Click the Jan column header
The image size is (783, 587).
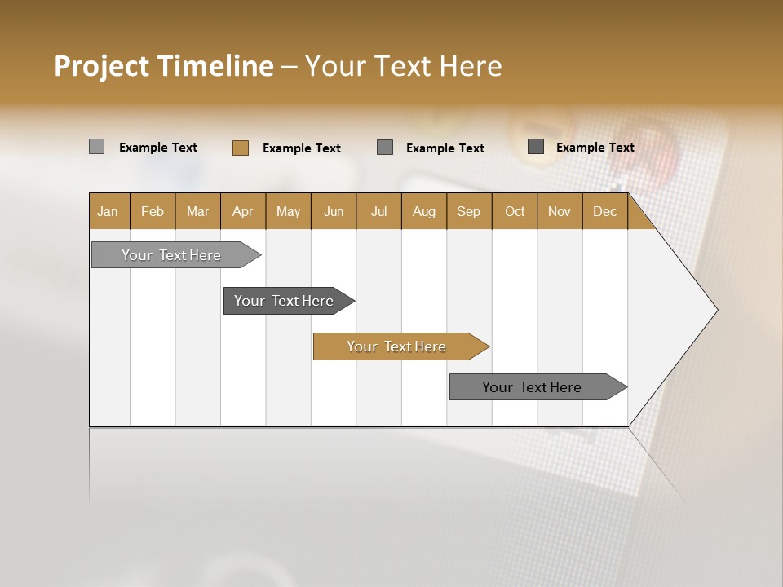[x=108, y=212]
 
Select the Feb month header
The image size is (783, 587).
[x=153, y=212]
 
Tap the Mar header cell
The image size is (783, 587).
[x=197, y=212]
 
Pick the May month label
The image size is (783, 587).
[x=288, y=212]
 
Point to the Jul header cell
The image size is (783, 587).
[x=378, y=212]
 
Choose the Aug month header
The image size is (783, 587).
[x=423, y=212]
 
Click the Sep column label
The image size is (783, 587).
[x=468, y=212]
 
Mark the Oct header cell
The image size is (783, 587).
[x=515, y=212]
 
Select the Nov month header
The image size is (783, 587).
[x=560, y=212]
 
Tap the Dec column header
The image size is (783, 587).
[x=604, y=212]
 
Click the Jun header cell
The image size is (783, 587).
[x=334, y=212]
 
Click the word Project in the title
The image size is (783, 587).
[x=102, y=66]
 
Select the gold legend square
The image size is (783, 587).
[x=241, y=148]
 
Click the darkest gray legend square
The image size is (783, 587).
[x=536, y=147]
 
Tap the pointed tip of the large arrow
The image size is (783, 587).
[x=715, y=310]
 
